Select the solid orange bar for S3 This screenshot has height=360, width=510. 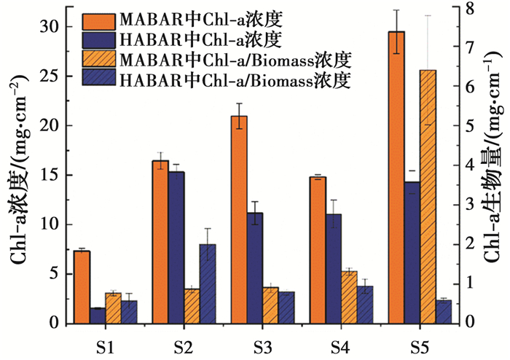239,219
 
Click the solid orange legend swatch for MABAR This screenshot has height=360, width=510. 103,17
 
